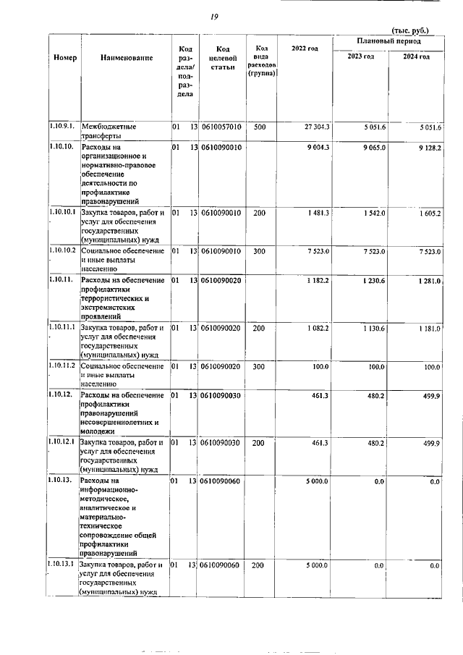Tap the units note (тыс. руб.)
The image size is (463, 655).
coord(409,30)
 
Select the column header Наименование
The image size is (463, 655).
coord(127,57)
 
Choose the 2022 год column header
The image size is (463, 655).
coord(305,48)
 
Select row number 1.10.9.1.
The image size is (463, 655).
coord(63,127)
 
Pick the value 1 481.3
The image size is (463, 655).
coord(317,213)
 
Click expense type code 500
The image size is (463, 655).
coord(260,127)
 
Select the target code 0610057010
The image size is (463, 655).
coord(221,127)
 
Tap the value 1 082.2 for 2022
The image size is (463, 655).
coord(317,328)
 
